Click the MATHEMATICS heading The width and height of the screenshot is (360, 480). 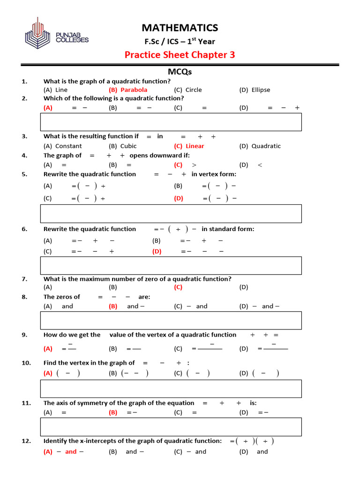point(180,28)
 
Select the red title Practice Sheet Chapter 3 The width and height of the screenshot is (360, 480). point(180,55)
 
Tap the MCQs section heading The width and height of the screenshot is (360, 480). point(180,72)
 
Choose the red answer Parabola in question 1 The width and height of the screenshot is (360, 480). point(134,90)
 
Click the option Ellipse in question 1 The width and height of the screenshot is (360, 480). point(261,90)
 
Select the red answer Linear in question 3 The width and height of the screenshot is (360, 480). point(195,146)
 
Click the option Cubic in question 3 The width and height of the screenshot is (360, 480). point(128,146)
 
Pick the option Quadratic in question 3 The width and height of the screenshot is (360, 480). point(266,146)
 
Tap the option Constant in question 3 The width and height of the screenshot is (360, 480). point(68,146)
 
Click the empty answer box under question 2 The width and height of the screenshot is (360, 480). point(171,122)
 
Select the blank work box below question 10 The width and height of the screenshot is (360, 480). point(171,389)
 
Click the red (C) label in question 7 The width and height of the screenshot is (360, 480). point(178,287)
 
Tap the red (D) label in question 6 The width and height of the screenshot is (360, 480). point(157,251)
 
